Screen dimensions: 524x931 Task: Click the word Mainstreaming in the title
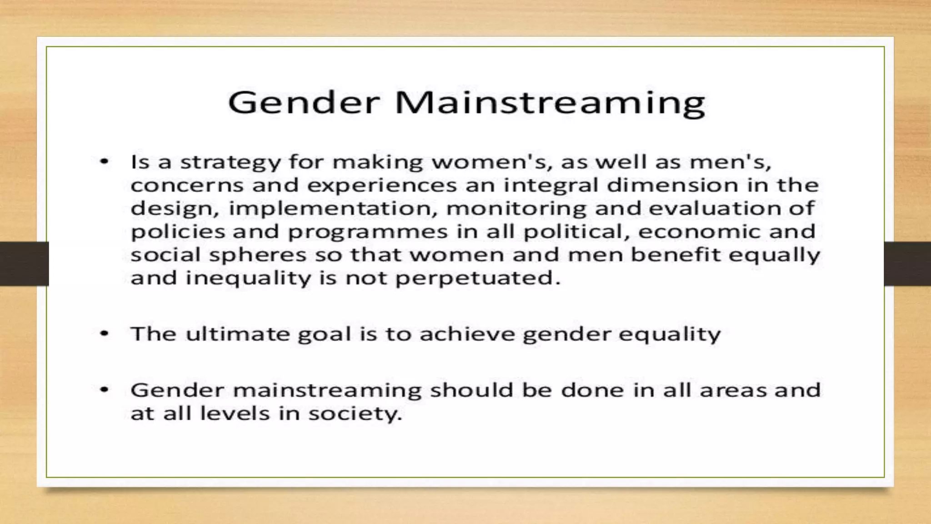[550, 103]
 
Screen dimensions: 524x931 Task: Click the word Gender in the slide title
[304, 103]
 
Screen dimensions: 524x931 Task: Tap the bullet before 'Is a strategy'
[105, 161]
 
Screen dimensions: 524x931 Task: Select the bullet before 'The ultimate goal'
[105, 334]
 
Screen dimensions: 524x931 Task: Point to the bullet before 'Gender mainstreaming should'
[105, 390]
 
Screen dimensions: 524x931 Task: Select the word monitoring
[516, 209]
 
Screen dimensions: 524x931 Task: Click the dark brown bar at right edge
[907, 264]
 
